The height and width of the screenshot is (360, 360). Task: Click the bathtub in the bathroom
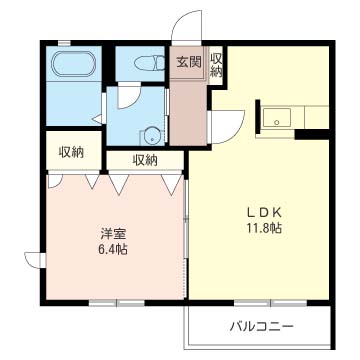(72, 69)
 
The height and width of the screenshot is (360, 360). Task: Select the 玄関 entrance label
(188, 62)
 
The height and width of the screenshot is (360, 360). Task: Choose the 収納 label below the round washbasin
(144, 159)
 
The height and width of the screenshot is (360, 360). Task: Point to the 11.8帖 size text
(266, 229)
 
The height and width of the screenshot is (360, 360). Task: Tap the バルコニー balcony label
(260, 325)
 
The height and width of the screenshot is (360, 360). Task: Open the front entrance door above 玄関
(184, 27)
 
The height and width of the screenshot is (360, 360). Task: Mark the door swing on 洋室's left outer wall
(36, 259)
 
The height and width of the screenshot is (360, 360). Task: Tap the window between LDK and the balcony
(258, 302)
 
